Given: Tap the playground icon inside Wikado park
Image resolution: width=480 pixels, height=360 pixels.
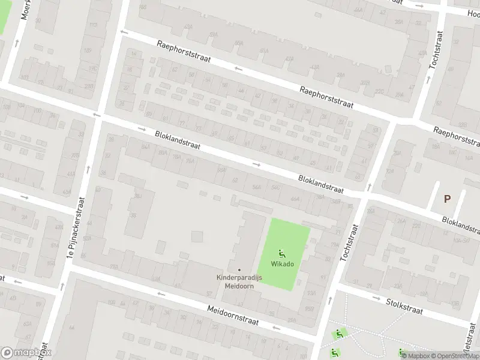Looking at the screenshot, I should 283,253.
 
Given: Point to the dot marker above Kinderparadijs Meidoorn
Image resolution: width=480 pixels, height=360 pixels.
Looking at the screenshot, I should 239,269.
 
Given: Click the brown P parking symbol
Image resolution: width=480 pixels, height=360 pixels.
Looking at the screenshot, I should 446,199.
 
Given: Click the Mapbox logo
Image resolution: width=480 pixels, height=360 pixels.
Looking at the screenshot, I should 26,352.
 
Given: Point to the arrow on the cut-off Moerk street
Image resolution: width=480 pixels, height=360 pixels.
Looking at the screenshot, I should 16,43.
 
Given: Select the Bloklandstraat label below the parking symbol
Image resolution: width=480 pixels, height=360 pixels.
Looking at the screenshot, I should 460,225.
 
